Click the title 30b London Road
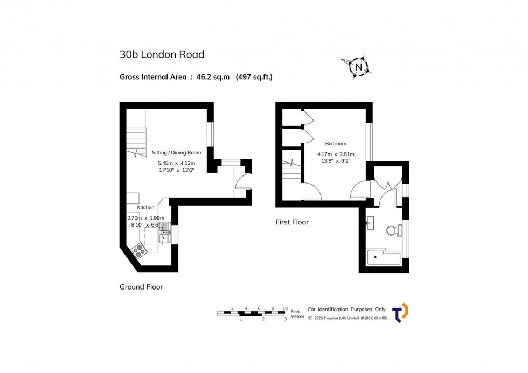pyautogui.click(x=162, y=54)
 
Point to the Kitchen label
pyautogui.click(x=146, y=207)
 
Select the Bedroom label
pyautogui.click(x=336, y=144)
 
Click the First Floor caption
pyautogui.click(x=292, y=222)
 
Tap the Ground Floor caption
pyautogui.click(x=141, y=287)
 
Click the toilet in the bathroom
pyautogui.click(x=393, y=231)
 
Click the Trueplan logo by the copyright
pyautogui.click(x=400, y=313)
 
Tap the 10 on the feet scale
pyautogui.click(x=285, y=308)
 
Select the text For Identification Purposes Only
pyautogui.click(x=347, y=309)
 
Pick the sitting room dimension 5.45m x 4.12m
pyautogui.click(x=176, y=163)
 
